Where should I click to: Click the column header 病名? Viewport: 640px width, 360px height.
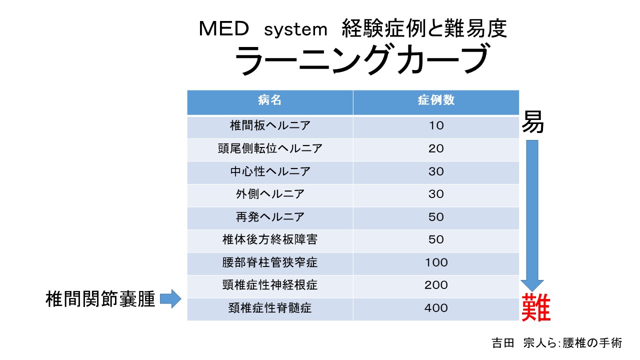(x=270, y=100)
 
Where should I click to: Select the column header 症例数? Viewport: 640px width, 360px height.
(x=436, y=100)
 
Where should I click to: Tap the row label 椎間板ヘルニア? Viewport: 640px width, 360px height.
(x=270, y=126)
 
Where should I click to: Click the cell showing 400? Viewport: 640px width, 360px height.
(x=436, y=308)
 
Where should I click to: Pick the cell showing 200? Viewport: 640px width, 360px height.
(x=436, y=285)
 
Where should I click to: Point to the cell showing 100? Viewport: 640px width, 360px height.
(x=436, y=262)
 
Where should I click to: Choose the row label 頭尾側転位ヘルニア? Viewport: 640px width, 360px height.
(x=270, y=148)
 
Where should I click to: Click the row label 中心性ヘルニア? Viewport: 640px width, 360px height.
(x=270, y=171)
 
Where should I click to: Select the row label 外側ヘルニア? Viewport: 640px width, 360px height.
(x=270, y=194)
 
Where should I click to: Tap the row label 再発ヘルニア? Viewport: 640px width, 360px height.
(x=270, y=217)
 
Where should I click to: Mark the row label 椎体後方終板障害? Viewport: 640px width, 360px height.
(x=270, y=239)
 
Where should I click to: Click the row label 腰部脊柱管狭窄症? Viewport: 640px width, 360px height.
(x=270, y=262)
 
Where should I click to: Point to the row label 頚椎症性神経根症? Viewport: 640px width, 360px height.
(x=270, y=285)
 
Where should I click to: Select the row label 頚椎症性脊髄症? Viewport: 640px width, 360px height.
(x=270, y=308)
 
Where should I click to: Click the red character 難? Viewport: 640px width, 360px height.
(x=535, y=307)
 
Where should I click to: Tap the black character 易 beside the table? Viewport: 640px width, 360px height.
(x=533, y=123)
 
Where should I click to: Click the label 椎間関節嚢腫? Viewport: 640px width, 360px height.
(x=100, y=299)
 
